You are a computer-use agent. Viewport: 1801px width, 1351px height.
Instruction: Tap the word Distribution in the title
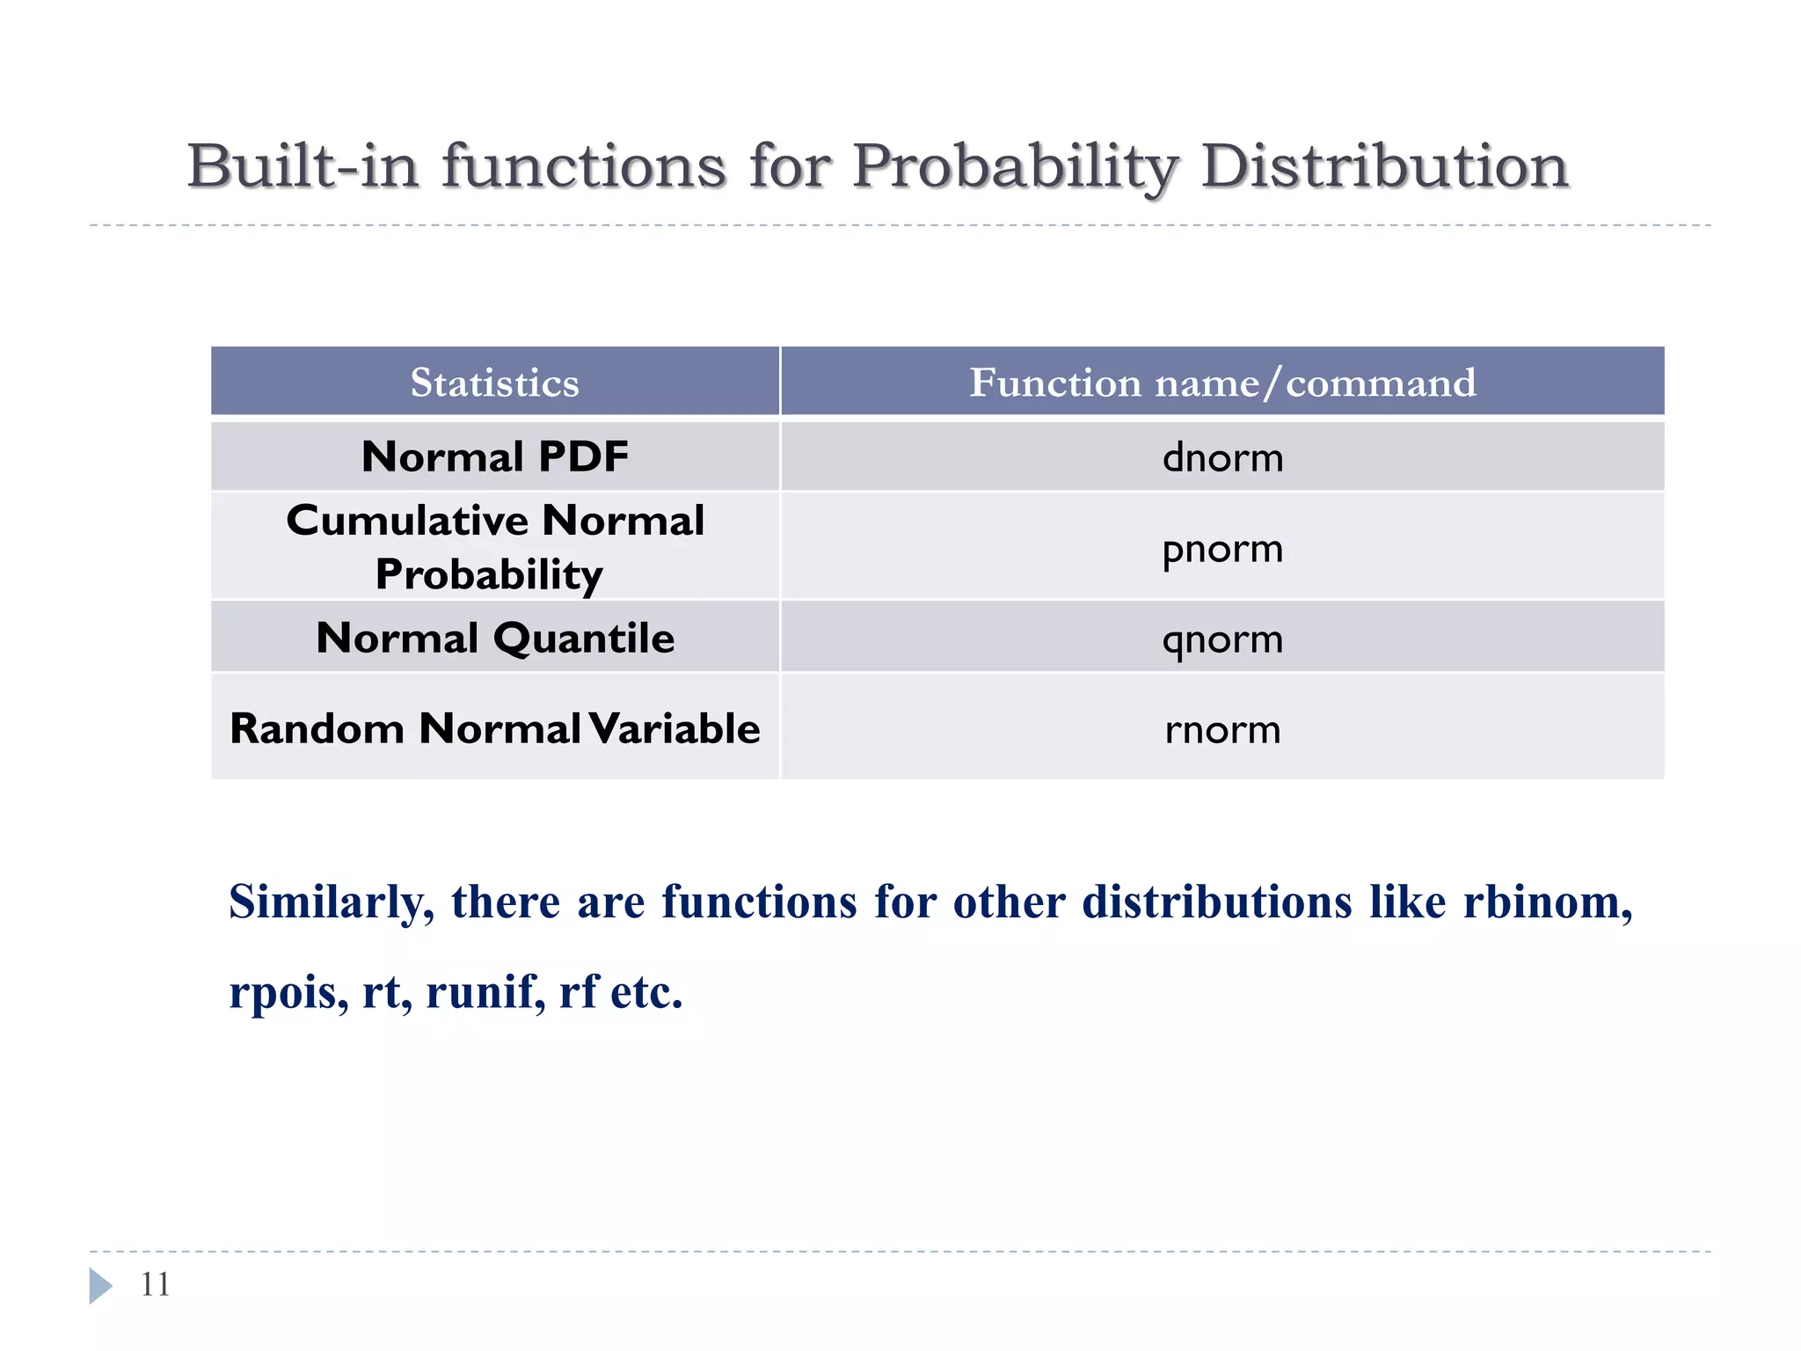[x=1384, y=165]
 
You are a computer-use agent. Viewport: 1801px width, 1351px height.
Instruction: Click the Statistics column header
[x=494, y=383]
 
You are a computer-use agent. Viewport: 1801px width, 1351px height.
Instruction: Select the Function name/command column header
[x=1222, y=383]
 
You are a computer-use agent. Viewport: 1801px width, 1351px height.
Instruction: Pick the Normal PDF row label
[x=494, y=456]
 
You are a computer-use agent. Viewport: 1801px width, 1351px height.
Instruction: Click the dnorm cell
[x=1222, y=457]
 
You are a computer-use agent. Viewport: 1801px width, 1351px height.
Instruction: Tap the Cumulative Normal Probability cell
[x=494, y=546]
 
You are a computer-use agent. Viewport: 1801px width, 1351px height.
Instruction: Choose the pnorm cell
[x=1222, y=549]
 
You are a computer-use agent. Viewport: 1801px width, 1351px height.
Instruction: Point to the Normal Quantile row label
[x=494, y=638]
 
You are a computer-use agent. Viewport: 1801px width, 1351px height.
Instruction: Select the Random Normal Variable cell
[x=494, y=728]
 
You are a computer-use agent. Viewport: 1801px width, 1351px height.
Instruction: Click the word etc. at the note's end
[x=646, y=993]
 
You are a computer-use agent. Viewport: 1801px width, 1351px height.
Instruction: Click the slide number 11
[x=156, y=1284]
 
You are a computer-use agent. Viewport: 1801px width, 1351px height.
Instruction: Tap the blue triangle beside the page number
[x=99, y=1285]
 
